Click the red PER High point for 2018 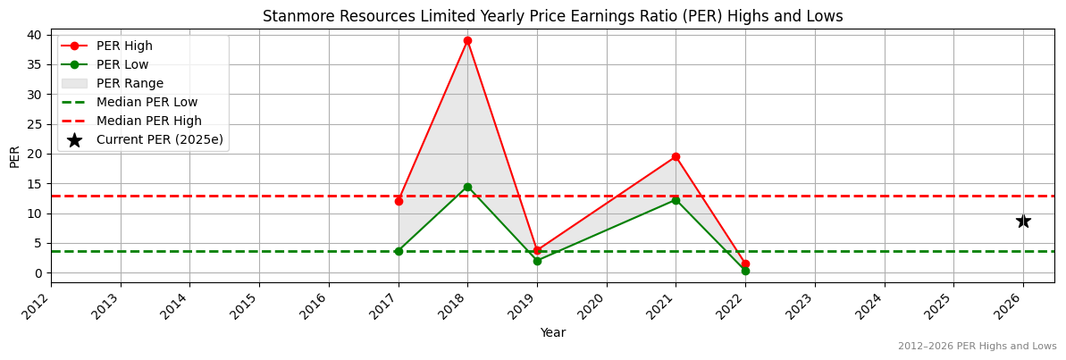(x=467, y=40)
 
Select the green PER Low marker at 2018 (x=467, y=187)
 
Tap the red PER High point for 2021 (x=676, y=156)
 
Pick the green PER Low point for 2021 (x=676, y=200)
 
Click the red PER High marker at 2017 (x=399, y=201)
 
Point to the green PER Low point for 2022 (x=745, y=271)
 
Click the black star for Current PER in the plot (x=1023, y=221)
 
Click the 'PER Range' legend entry (x=130, y=83)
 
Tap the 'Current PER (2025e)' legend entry (x=159, y=139)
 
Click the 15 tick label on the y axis (x=34, y=183)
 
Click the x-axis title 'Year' (x=552, y=332)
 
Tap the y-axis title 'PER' (x=14, y=156)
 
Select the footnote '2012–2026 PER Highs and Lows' (x=977, y=347)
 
